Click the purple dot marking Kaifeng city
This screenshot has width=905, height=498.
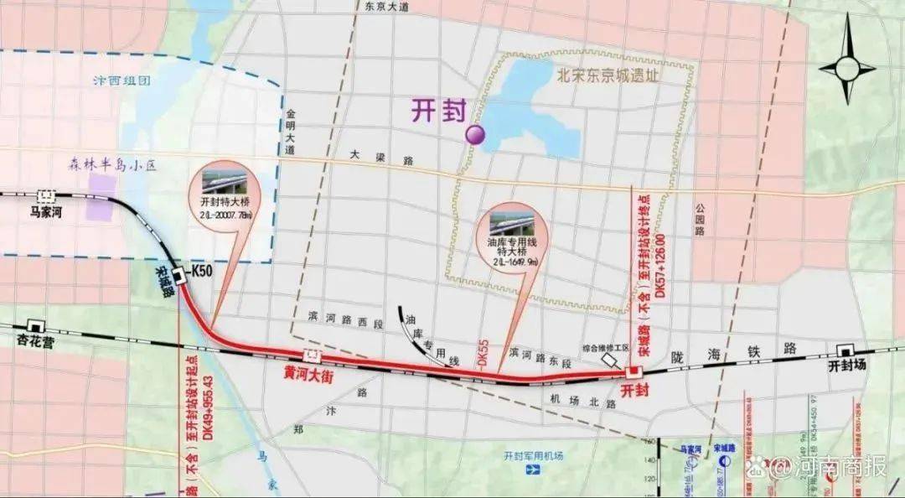click(x=476, y=133)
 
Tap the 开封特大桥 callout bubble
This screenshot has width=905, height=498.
click(x=230, y=197)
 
